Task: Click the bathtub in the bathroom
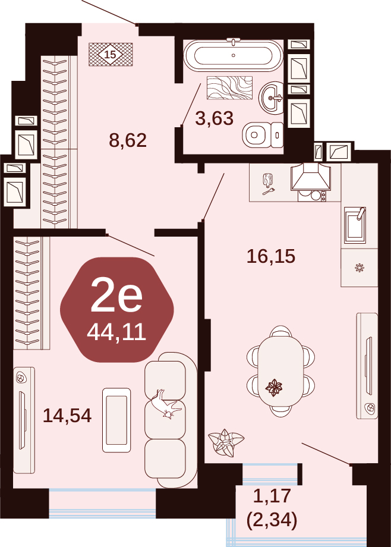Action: click(233, 55)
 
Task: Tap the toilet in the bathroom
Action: click(263, 134)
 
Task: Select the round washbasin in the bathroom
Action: click(271, 98)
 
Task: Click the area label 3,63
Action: click(214, 118)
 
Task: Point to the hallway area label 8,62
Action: click(128, 140)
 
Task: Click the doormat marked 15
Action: click(111, 55)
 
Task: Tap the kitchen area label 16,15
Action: click(271, 256)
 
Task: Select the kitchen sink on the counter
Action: click(355, 225)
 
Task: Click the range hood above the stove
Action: click(311, 177)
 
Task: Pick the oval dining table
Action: click(280, 371)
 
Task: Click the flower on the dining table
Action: click(274, 387)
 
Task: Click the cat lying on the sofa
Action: click(166, 404)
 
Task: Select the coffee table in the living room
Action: click(116, 420)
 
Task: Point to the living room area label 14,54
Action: click(67, 416)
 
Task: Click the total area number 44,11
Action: click(116, 332)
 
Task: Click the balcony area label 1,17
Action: click(272, 496)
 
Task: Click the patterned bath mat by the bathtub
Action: click(229, 87)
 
